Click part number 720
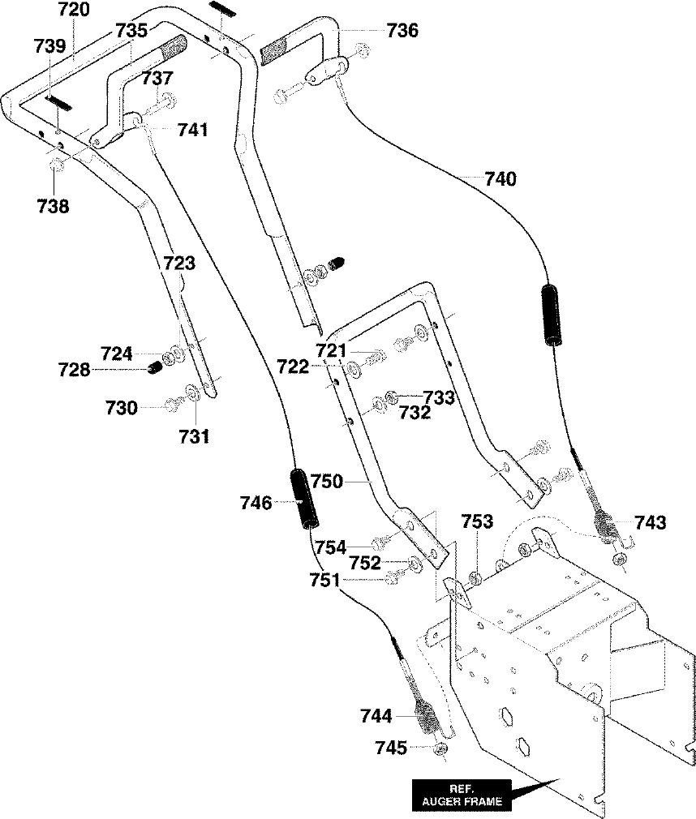(x=73, y=9)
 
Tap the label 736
(x=402, y=30)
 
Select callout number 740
(x=500, y=178)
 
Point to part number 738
(x=53, y=206)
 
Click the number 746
(x=256, y=503)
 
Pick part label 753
(x=477, y=521)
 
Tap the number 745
(x=391, y=748)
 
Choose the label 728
(x=74, y=370)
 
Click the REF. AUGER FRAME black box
(x=462, y=795)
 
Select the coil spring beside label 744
(x=427, y=716)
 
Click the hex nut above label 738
(x=58, y=166)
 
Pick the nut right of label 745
(x=441, y=749)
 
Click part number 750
(x=327, y=481)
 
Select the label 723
(x=179, y=263)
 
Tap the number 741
(x=193, y=130)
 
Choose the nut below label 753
(x=475, y=579)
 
